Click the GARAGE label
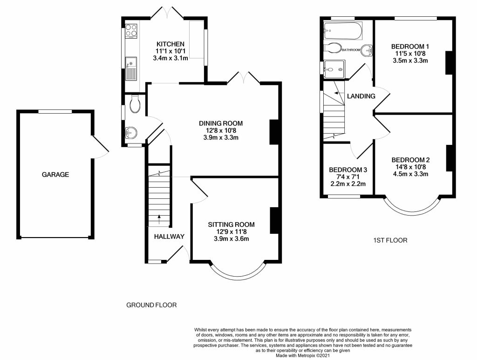(55, 175)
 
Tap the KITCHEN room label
(170, 44)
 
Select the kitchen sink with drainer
(131, 69)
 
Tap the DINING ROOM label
(221, 123)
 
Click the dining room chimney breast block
(274, 132)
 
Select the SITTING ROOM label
(231, 224)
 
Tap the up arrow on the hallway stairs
(159, 219)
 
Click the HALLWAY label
(169, 237)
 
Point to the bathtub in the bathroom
(343, 31)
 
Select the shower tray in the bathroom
(334, 69)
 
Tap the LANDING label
(361, 96)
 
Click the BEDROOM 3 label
(348, 170)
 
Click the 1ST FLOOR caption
(390, 240)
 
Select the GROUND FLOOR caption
(151, 305)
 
